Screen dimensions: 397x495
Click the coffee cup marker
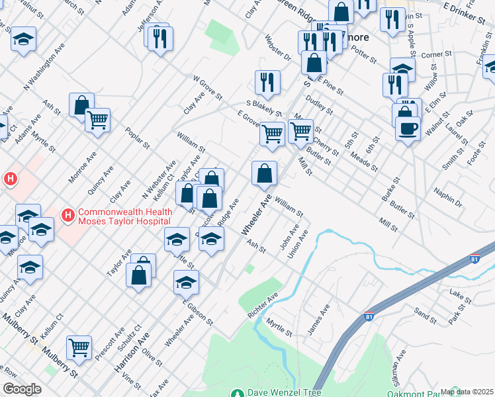[x=408, y=127]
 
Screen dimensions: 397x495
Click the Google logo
[x=22, y=389]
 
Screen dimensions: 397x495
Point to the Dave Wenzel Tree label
[x=285, y=392]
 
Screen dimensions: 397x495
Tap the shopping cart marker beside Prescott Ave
[x=79, y=346]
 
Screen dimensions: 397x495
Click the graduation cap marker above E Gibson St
[x=187, y=283]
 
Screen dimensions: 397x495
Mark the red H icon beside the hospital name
[x=67, y=215]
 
